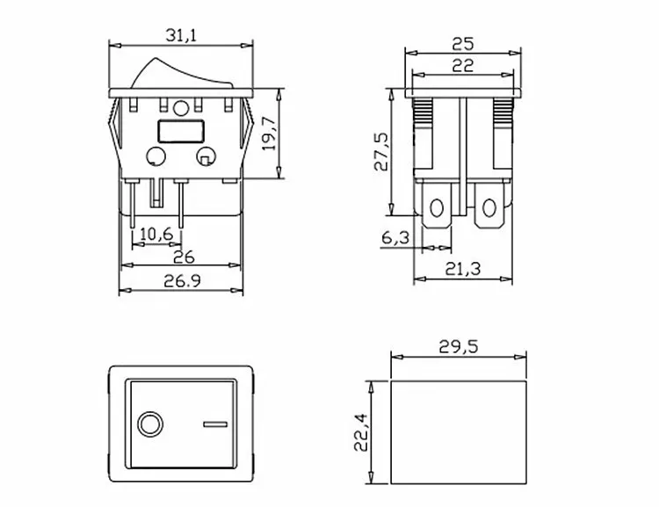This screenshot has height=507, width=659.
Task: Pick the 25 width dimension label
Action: pos(465,41)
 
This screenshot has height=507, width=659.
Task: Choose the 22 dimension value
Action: pos(465,64)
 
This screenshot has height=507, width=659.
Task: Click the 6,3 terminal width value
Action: pos(397,237)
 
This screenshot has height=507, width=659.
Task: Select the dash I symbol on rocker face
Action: pos(214,425)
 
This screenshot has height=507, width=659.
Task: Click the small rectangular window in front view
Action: pos(179,133)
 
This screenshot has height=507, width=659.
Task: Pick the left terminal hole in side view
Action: pos(436,209)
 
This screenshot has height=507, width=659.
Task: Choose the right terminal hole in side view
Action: pos(488,209)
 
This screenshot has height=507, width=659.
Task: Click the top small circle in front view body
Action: pos(181,109)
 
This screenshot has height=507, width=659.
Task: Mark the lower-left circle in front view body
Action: pos(156,158)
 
